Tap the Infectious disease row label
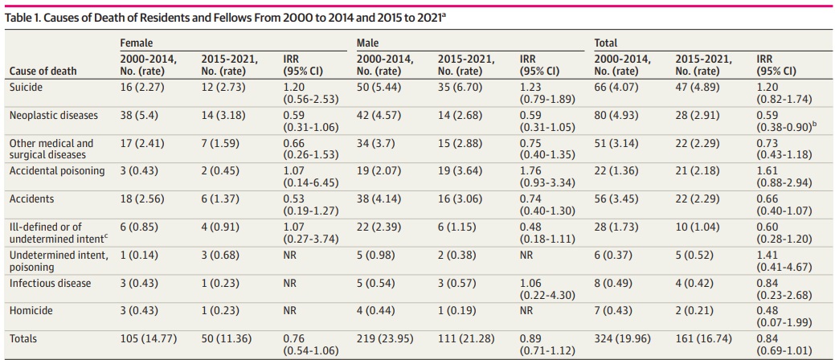(x=50, y=283)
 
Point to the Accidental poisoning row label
(x=56, y=170)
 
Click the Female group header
(x=136, y=43)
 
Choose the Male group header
(x=367, y=43)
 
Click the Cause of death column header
(x=43, y=71)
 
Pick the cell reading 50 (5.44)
(x=382, y=84)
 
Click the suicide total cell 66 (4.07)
(x=620, y=84)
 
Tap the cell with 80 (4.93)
(x=620, y=115)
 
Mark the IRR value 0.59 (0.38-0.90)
(x=784, y=121)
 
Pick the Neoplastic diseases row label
(x=53, y=115)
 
